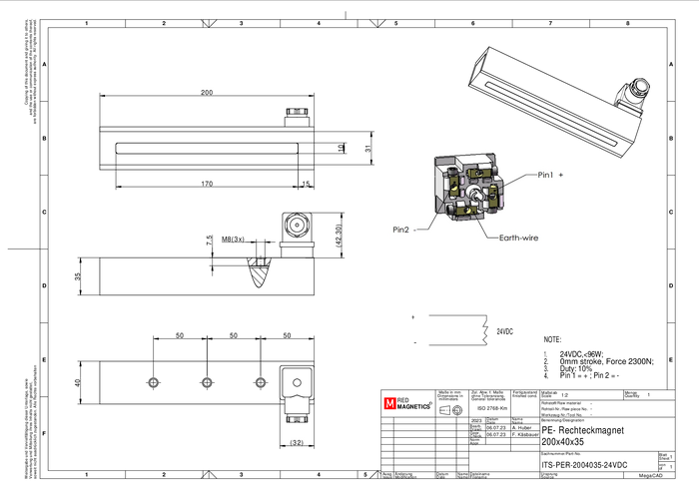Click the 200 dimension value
[207, 92]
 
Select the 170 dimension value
[207, 184]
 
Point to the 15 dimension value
[307, 184]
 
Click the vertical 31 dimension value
[367, 148]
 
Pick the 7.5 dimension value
[208, 240]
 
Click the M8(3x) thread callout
[233, 240]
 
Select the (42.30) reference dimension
[338, 236]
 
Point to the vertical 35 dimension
[77, 275]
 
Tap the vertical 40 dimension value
[77, 382]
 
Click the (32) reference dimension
[297, 441]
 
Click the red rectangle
[390, 403]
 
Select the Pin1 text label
[545, 176]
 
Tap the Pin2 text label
[400, 230]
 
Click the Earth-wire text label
[518, 238]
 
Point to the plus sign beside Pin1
[561, 176]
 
